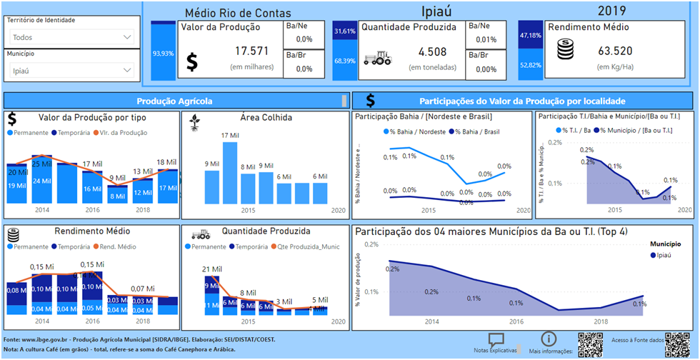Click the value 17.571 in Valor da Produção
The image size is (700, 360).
(x=249, y=51)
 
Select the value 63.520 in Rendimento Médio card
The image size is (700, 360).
(x=607, y=51)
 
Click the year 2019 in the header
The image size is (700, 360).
(x=612, y=10)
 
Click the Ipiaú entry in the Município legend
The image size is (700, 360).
(x=662, y=254)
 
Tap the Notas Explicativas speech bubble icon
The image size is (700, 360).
(x=496, y=340)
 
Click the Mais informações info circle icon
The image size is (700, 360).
(x=549, y=339)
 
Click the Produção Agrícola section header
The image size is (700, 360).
(x=174, y=101)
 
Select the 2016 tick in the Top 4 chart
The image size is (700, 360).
(x=516, y=322)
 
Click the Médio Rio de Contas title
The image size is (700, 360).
(x=228, y=13)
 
